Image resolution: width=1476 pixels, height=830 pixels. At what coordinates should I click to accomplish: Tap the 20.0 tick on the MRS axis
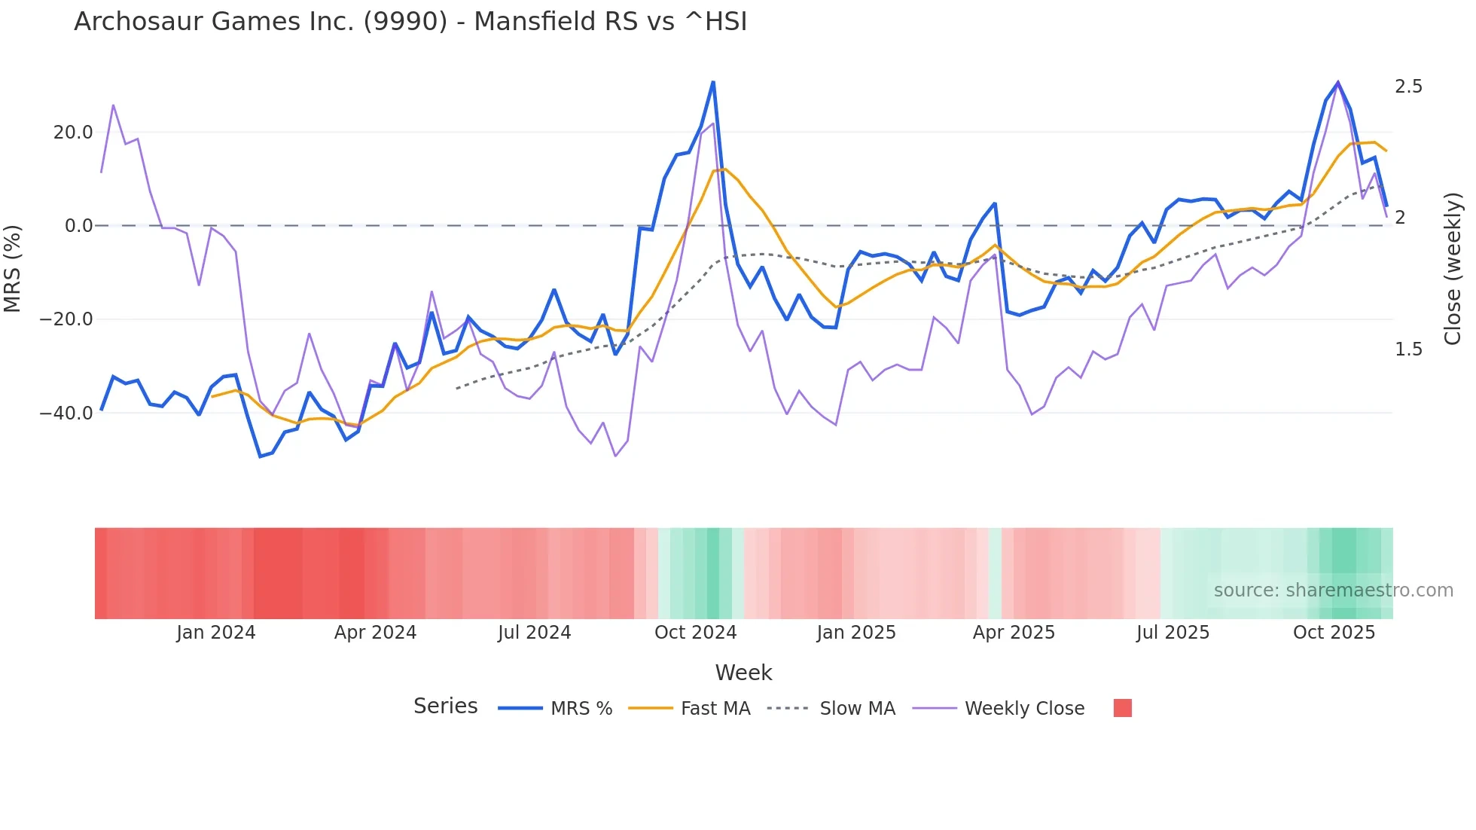[x=73, y=133]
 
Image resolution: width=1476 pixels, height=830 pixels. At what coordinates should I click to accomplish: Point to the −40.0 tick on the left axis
[x=66, y=413]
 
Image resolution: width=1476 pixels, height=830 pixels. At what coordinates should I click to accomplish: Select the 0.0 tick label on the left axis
[x=79, y=226]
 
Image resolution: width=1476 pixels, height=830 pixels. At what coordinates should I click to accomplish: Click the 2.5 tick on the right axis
[x=1408, y=87]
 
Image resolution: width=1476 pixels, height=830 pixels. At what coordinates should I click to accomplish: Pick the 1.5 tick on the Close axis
[x=1408, y=349]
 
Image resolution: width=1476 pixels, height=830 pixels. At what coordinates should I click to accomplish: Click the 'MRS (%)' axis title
[x=13, y=269]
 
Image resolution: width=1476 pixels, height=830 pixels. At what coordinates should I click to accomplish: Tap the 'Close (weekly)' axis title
[x=1453, y=269]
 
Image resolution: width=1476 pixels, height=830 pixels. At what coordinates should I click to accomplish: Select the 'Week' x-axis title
[x=743, y=673]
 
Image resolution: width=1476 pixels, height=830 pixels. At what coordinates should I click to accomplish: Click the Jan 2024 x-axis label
[x=216, y=633]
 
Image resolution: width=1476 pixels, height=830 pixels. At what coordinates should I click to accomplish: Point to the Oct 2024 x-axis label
[x=695, y=633]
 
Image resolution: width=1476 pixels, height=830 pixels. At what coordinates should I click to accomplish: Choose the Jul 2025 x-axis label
[x=1173, y=633]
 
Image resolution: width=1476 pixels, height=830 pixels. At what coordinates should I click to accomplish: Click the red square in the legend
[x=1122, y=708]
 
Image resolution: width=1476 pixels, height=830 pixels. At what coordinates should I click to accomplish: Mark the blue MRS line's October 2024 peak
[x=713, y=82]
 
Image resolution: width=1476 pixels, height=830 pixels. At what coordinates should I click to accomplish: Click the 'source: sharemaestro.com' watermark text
[x=1333, y=590]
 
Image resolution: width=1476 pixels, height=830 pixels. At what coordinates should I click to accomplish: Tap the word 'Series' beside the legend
[x=445, y=706]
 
